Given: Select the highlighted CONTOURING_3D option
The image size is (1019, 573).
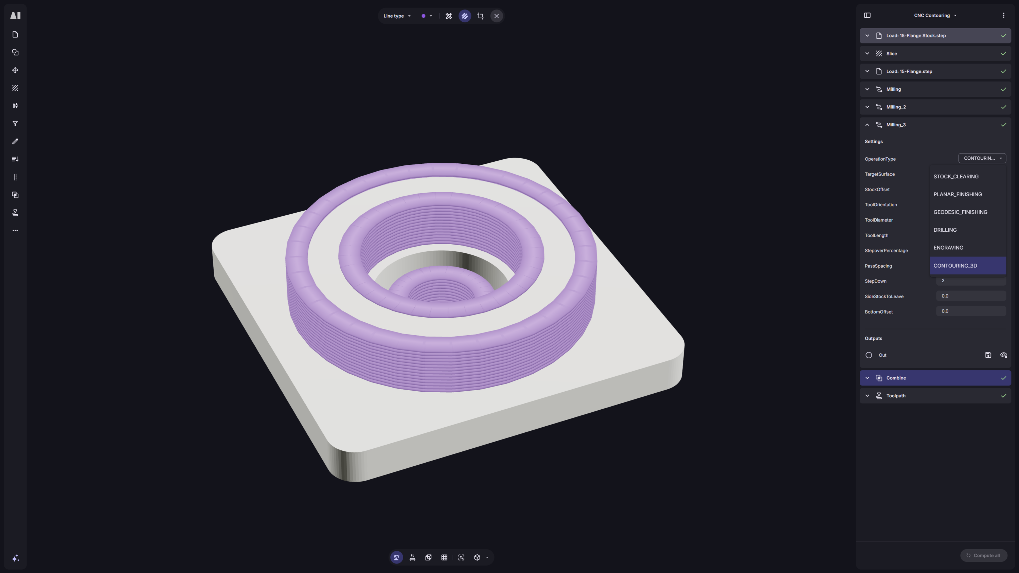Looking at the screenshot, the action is [968, 265].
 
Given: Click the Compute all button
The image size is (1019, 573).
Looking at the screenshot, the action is [983, 555].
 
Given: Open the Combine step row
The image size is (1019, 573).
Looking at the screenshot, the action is [935, 378].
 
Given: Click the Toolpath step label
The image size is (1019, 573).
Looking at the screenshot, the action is [896, 395].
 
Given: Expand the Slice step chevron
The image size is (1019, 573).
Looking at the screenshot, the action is [867, 53].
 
